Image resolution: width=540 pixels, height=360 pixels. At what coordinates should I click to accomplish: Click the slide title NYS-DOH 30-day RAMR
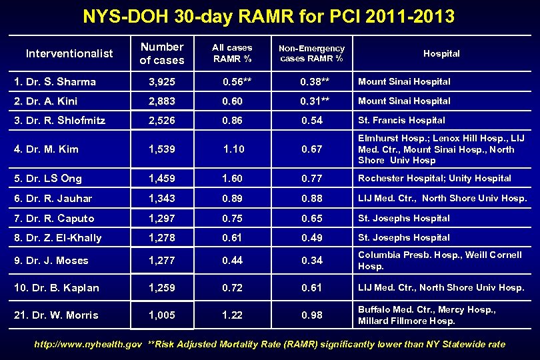pos(270,16)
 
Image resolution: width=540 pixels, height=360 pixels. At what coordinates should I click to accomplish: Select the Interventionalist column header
pos(69,53)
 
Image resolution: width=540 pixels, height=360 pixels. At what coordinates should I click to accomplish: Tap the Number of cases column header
pos(162,53)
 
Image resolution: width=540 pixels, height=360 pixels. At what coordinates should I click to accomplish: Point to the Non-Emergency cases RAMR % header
pos(311,53)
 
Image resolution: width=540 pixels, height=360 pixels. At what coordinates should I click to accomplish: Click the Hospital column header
pos(441,53)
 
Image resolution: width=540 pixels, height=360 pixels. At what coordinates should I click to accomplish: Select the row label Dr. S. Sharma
pos(55,82)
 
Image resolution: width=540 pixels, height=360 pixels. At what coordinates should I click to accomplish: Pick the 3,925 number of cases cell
pos(162,82)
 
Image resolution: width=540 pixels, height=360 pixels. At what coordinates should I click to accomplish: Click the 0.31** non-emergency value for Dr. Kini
pos(313,101)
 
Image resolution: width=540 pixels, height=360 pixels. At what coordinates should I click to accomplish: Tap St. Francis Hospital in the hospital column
pos(401,120)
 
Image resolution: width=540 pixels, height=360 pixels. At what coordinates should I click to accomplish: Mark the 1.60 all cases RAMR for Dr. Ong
pos(232,179)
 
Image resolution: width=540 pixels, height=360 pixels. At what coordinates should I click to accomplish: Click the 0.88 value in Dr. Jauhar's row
pos(311,199)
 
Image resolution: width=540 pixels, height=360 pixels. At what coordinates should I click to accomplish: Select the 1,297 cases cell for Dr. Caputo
pos(162,219)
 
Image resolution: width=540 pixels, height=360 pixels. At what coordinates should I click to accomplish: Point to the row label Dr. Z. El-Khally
pos(57,238)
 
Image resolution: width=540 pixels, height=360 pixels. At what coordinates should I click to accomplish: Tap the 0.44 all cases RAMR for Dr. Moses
pos(232,261)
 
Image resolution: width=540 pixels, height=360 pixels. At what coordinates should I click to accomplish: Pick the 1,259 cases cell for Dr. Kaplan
pos(162,288)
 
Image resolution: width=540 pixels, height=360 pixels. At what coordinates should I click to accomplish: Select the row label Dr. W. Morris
pos(56,315)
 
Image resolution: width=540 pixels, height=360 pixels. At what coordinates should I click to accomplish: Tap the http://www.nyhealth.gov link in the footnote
pos(88,345)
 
